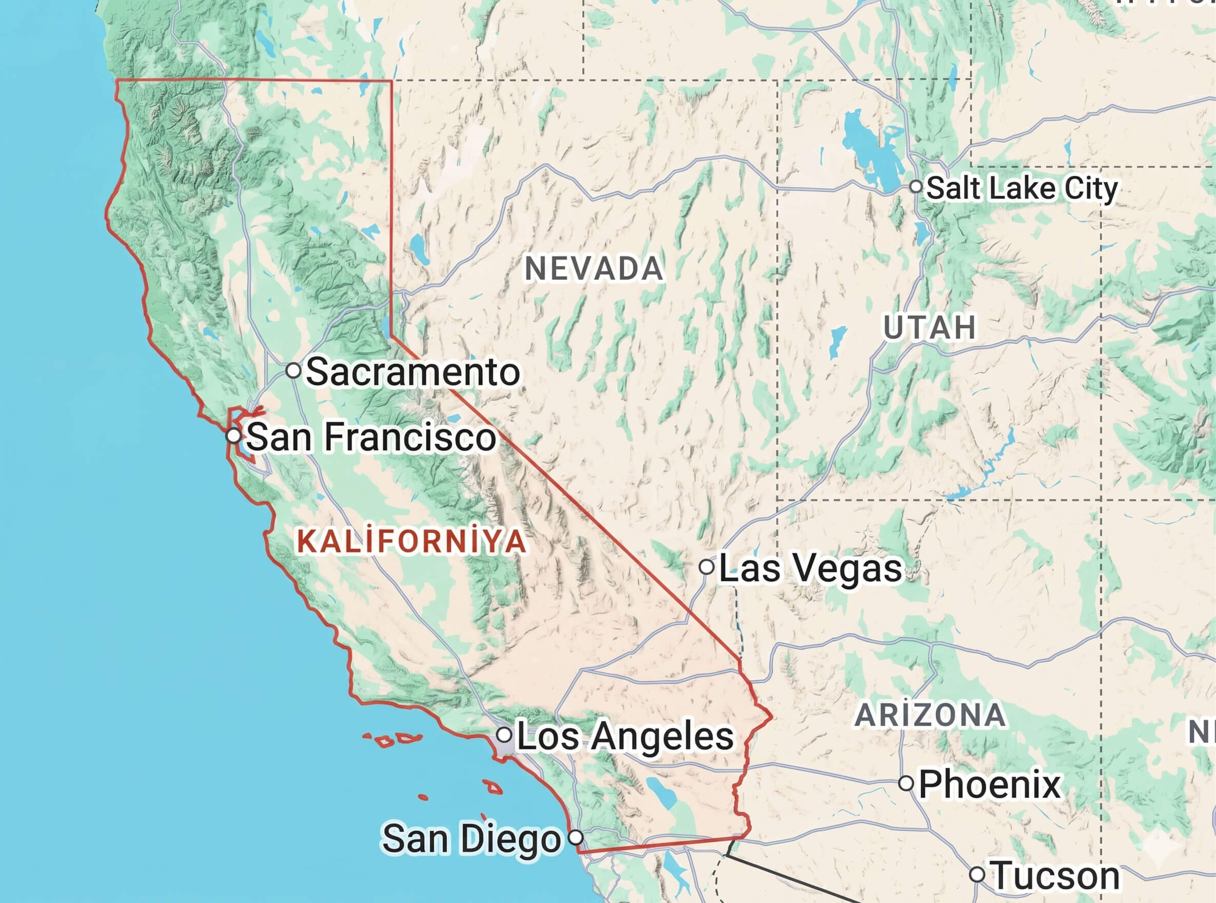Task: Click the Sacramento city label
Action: coord(413,372)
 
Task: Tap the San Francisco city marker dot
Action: coord(234,436)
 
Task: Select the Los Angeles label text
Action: coord(624,736)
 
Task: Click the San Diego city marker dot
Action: coord(576,837)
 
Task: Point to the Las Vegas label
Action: coord(810,568)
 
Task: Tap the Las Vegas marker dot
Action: coord(706,567)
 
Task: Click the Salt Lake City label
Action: coord(1022,189)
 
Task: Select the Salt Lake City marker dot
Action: coord(916,186)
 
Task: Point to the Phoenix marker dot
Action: coord(906,783)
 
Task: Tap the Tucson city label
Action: coord(1055,876)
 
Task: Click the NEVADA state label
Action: coord(594,269)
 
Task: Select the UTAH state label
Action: coord(930,327)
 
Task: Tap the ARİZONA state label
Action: coord(930,715)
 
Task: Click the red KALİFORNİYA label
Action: coord(411,541)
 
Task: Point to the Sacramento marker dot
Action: coord(293,370)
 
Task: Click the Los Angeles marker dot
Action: coord(504,734)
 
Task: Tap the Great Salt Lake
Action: coord(869,148)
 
